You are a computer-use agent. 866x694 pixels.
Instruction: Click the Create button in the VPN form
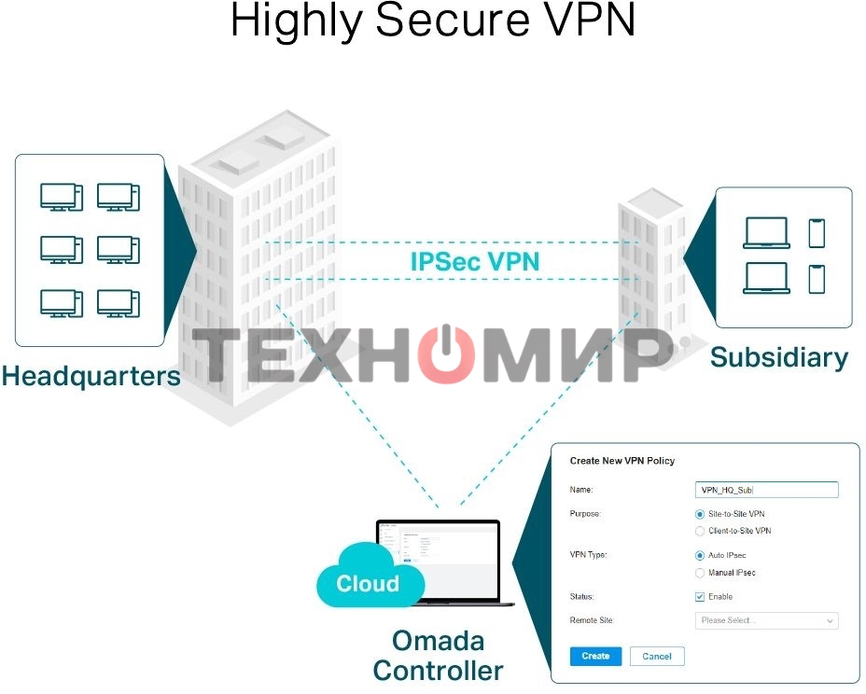594,656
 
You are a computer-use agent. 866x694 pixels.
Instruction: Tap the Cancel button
657,656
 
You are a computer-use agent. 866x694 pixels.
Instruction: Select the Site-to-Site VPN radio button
700,514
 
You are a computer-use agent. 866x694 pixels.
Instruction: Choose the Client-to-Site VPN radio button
700,531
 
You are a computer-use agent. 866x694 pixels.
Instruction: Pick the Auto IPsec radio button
700,555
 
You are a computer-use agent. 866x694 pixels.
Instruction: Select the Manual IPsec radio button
700,572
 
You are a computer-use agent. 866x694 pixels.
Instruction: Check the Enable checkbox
700,597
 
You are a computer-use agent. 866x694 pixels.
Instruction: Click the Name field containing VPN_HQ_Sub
767,490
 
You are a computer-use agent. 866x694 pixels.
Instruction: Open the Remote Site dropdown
767,620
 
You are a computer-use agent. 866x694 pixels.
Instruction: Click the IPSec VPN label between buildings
475,261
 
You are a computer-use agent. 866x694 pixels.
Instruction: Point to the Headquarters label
91,376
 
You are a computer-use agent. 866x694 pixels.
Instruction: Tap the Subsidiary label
779,357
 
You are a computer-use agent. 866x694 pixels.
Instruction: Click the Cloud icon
368,584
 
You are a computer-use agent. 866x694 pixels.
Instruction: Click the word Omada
438,641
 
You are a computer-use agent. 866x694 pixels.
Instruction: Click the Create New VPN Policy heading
622,461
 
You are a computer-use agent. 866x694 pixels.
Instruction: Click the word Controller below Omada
438,670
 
